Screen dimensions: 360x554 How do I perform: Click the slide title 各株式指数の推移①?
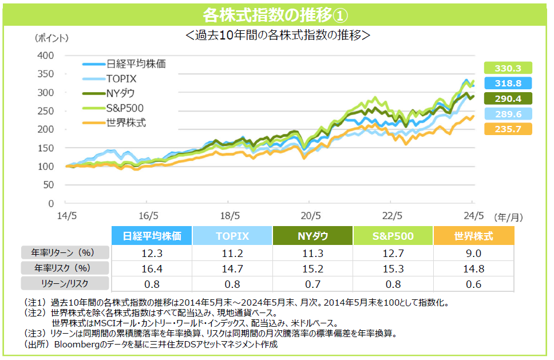[x=276, y=13]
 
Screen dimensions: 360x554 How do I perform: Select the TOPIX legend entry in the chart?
[x=121, y=78]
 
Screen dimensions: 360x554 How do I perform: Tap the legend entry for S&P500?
[x=124, y=108]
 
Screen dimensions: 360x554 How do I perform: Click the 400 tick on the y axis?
[x=46, y=56]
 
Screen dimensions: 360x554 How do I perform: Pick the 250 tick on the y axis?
[x=46, y=111]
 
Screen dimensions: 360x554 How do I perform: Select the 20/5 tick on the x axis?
[x=309, y=216]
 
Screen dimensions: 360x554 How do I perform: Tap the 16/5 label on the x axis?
[x=148, y=216]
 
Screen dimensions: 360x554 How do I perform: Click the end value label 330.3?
[x=508, y=68]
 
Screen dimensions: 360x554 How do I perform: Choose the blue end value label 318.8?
[x=508, y=83]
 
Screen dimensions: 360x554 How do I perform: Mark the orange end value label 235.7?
[x=508, y=129]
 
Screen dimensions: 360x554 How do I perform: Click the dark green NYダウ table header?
[x=313, y=236]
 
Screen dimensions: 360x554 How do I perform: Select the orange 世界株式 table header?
[x=473, y=236]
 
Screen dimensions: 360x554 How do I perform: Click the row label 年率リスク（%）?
[x=65, y=267]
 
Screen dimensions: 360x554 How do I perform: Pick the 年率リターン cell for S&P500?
[x=393, y=252]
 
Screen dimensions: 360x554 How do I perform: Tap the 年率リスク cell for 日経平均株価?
[x=152, y=267]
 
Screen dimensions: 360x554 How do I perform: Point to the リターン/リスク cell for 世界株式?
[x=473, y=283]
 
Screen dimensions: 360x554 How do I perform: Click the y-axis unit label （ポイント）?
[x=50, y=38]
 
